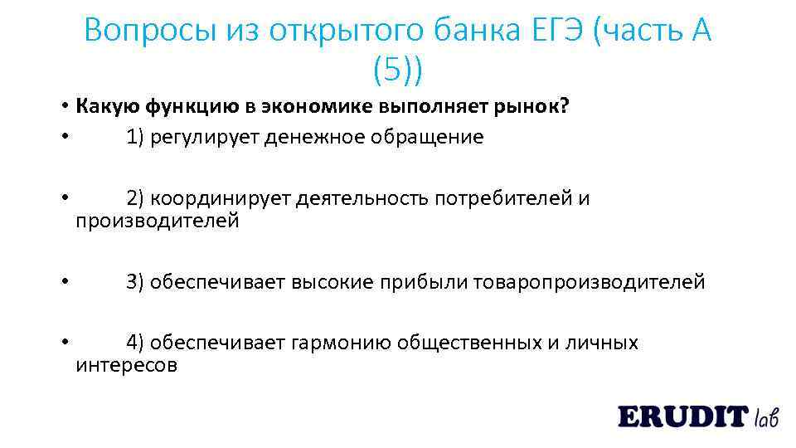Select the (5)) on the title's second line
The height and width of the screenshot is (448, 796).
coord(397,71)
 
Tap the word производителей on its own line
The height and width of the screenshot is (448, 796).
coord(158,222)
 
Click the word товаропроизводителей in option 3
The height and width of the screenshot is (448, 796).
coord(590,282)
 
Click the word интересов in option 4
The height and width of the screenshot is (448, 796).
coord(127,365)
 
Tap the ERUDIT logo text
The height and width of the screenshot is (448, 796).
coord(682,416)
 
